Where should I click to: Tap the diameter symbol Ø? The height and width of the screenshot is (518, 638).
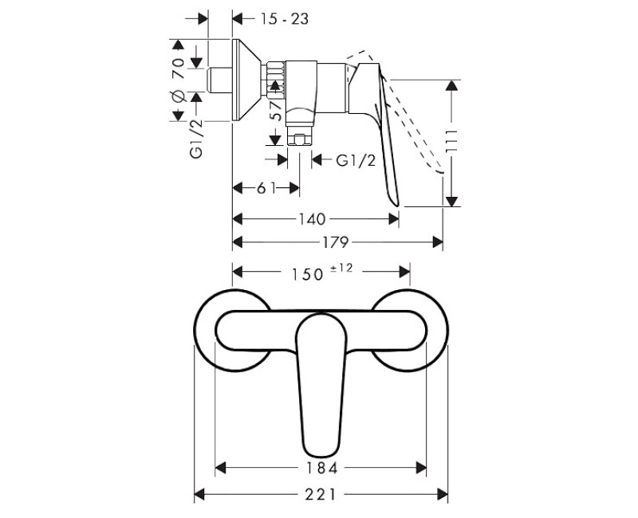pos(178,96)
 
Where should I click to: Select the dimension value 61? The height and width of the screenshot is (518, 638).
pos(266,188)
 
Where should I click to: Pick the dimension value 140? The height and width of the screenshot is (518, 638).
pos(312,219)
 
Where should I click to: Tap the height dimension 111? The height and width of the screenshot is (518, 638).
pos(453,143)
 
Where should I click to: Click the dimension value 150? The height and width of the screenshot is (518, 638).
pos(304,274)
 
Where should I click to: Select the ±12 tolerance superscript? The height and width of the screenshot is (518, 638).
pos(341,269)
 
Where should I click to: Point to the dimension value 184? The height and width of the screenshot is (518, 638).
pos(321,468)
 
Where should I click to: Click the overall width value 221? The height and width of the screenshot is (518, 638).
pos(321,495)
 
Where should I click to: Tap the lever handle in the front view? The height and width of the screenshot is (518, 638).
pos(321,383)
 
